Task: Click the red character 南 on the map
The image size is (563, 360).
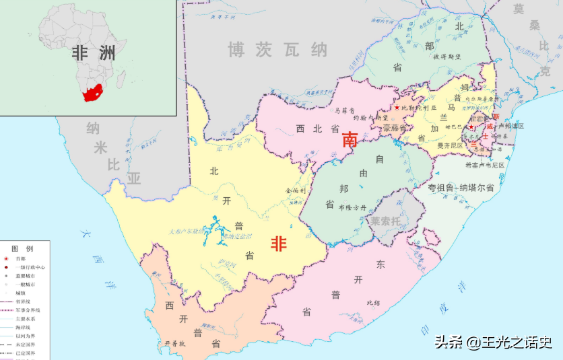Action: pyautogui.click(x=350, y=140)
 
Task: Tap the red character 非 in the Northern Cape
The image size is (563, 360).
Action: pyautogui.click(x=279, y=244)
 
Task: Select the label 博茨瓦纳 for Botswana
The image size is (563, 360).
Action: pyautogui.click(x=277, y=50)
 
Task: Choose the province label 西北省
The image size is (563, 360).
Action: pyautogui.click(x=317, y=129)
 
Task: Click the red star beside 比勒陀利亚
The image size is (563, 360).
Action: pyautogui.click(x=397, y=108)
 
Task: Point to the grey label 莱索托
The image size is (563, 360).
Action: pyautogui.click(x=385, y=220)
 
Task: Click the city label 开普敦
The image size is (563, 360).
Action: pyautogui.click(x=174, y=343)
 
